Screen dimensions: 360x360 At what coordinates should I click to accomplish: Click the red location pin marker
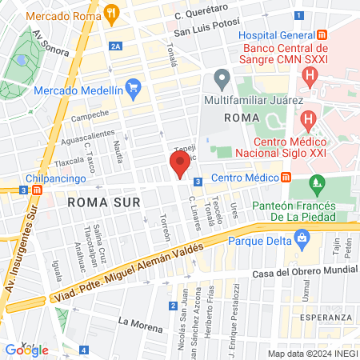click(x=179, y=166)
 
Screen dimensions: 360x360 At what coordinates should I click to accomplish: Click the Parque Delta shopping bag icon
click(x=301, y=237)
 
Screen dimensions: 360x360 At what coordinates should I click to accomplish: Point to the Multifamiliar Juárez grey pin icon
click(x=222, y=79)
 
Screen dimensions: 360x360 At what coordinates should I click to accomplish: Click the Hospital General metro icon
click(x=322, y=35)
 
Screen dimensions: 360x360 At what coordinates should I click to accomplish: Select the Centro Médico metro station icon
click(x=286, y=177)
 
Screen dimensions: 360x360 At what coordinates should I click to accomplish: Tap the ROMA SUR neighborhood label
click(x=98, y=202)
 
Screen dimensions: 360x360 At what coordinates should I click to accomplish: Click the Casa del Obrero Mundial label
click(x=293, y=274)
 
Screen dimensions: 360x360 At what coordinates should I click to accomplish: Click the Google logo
click(x=26, y=350)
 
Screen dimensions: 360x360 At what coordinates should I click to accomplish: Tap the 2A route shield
click(x=117, y=47)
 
